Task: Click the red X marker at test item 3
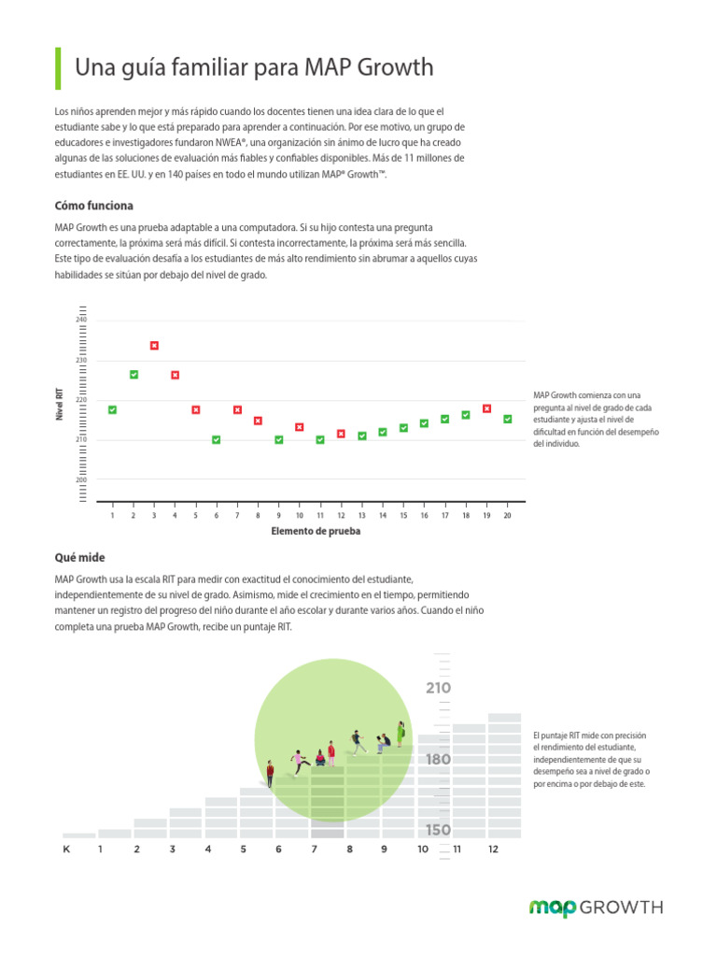click(x=154, y=346)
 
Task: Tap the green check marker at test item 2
click(x=134, y=375)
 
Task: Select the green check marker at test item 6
click(x=217, y=439)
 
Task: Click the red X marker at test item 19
click(x=486, y=408)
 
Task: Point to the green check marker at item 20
click(x=507, y=419)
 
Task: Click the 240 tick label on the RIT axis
click(x=81, y=321)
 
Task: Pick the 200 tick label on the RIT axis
click(x=81, y=479)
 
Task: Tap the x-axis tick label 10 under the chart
click(x=299, y=516)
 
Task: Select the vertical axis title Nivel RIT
click(x=60, y=404)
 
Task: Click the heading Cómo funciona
click(x=93, y=206)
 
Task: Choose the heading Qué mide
click(x=79, y=557)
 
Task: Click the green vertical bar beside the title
click(x=59, y=68)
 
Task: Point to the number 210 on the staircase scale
click(x=438, y=689)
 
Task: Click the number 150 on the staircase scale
click(x=438, y=830)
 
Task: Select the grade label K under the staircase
click(x=66, y=850)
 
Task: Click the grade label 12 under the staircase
click(x=493, y=850)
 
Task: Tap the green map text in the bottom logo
click(x=553, y=907)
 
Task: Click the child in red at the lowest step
click(x=270, y=774)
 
